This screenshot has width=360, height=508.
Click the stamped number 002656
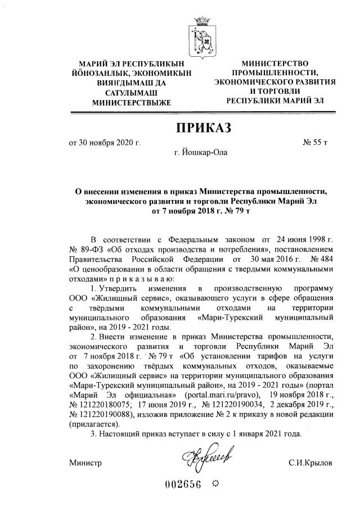[183, 486]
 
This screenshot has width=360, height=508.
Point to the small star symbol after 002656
[215, 484]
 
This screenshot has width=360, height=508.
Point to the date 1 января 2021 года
[262, 434]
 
